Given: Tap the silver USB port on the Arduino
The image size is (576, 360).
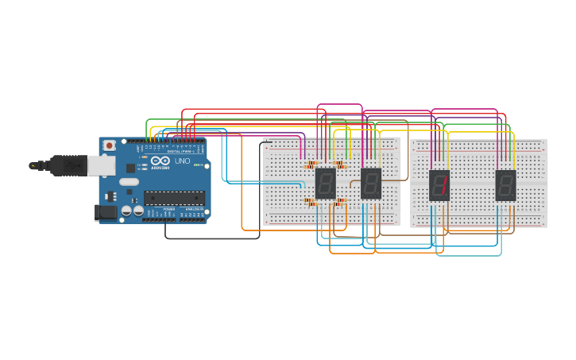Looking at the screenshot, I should (99, 165).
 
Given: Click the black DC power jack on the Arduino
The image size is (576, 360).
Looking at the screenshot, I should (104, 212).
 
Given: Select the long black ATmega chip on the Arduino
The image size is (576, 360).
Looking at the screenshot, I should (173, 199).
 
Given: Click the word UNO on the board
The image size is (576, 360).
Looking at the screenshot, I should (182, 161).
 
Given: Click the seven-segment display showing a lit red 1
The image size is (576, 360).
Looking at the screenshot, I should (439, 185).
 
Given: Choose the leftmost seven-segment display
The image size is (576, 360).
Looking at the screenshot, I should (325, 184).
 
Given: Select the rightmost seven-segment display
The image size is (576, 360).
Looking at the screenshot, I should (505, 185).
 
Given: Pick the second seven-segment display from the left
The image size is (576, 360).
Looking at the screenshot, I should (371, 184).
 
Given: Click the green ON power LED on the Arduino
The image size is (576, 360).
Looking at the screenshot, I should (197, 165).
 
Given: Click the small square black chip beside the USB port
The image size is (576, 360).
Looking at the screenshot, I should (130, 168).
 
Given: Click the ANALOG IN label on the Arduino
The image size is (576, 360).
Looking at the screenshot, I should (193, 210).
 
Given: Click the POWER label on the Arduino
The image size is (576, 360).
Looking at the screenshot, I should (168, 210).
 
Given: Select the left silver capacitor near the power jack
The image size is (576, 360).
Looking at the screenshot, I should (126, 211).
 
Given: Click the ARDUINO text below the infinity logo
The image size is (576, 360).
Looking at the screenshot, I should (160, 168).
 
